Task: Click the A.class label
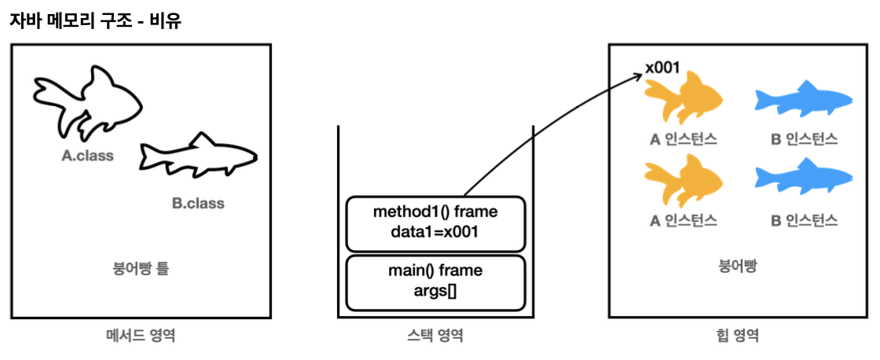point(88,156)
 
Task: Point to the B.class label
point(198,204)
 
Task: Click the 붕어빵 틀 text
point(141,269)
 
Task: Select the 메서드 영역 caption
point(141,336)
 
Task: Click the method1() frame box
point(435,224)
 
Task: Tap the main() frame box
point(435,282)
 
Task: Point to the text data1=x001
point(435,233)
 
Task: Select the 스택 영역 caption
point(435,336)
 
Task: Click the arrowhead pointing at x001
point(637,75)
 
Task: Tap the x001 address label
point(662,68)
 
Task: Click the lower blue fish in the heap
point(802,180)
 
